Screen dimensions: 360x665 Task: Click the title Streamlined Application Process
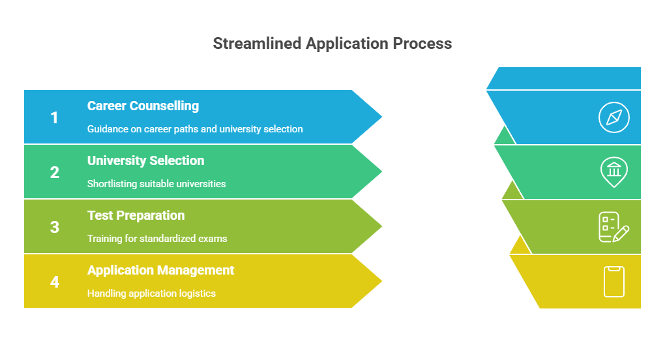click(332, 44)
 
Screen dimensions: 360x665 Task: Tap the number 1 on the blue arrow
click(54, 117)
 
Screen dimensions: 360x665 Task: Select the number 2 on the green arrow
click(54, 172)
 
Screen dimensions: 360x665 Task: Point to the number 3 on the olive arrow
click(54, 227)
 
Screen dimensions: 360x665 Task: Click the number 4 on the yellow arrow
click(54, 282)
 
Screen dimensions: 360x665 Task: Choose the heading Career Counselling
click(143, 106)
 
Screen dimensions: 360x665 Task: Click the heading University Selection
click(145, 160)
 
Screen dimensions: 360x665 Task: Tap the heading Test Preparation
click(136, 215)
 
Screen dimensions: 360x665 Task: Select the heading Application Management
click(160, 270)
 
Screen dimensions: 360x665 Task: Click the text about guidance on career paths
click(195, 129)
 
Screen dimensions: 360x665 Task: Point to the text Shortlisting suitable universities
click(156, 184)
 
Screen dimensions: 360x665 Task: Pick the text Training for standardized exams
click(157, 239)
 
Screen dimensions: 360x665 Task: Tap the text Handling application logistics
click(151, 293)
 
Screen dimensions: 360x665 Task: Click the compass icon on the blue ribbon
click(614, 117)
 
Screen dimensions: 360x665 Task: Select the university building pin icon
click(613, 172)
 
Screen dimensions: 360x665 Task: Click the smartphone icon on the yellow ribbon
click(614, 282)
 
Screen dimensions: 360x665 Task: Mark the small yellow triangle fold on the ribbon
click(520, 247)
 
